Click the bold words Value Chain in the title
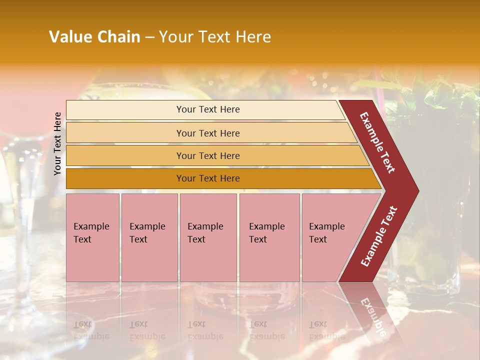click(94, 37)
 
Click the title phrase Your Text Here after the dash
click(215, 37)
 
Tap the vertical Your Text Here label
click(58, 143)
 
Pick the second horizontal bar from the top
click(207, 133)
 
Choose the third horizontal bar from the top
click(207, 155)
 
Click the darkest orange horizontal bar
click(207, 178)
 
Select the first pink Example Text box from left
click(92, 237)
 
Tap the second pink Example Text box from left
click(149, 237)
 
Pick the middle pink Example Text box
click(208, 237)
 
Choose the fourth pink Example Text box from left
click(269, 237)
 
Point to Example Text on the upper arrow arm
click(377, 142)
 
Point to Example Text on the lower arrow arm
click(379, 236)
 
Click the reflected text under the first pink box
click(91, 330)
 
